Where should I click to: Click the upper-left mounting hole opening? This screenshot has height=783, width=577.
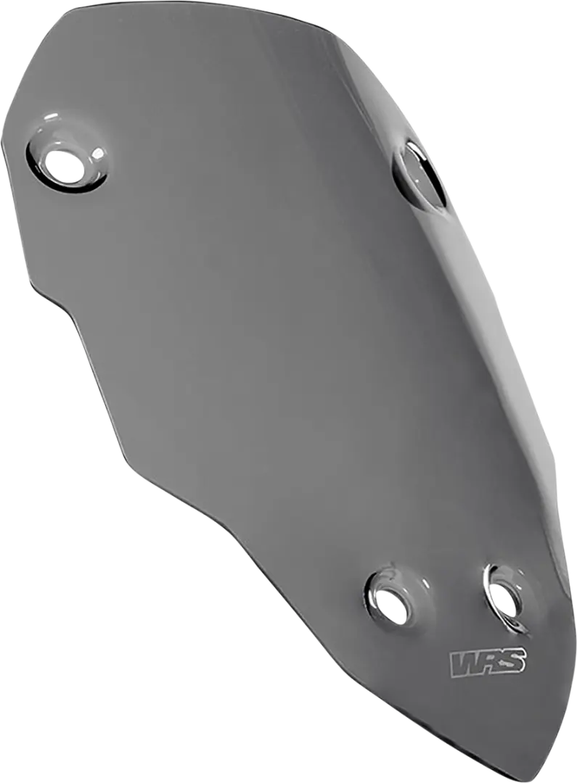coord(65,165)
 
